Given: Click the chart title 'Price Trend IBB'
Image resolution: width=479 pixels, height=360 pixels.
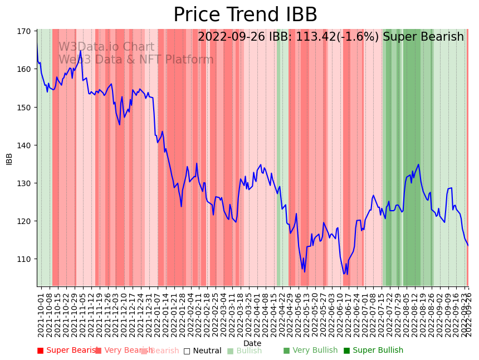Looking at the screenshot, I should point(245,15).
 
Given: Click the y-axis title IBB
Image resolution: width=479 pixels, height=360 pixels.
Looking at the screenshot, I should point(9,158).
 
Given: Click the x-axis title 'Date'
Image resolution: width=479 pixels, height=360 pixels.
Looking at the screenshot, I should point(252,343).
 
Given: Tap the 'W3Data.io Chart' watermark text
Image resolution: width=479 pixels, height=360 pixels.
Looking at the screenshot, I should point(106,47).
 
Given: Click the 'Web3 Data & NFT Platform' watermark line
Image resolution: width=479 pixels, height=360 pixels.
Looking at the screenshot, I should point(136,60).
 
